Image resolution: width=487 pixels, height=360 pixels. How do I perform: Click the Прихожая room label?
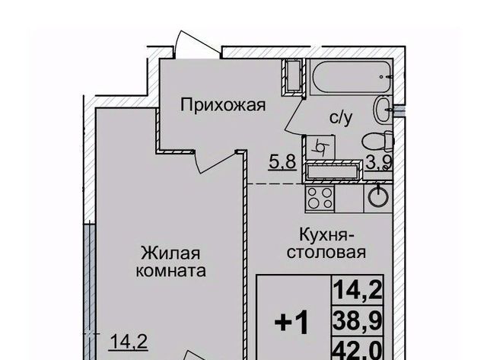(x=223, y=106)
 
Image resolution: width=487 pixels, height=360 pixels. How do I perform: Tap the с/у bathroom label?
(x=342, y=117)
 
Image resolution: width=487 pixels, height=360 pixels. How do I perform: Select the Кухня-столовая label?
(x=326, y=244)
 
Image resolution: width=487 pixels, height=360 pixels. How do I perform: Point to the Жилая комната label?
(x=170, y=262)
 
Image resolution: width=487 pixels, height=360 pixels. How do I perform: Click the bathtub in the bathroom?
(x=352, y=76)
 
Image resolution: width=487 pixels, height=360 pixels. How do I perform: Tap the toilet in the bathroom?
(x=377, y=141)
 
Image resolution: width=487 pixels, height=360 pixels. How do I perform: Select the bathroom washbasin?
(x=383, y=110)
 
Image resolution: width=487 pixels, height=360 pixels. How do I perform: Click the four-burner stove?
(x=320, y=198)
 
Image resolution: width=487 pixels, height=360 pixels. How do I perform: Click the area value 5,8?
(x=282, y=162)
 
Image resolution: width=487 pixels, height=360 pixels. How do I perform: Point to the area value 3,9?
(x=380, y=162)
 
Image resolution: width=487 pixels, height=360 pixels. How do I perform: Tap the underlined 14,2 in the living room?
(x=129, y=342)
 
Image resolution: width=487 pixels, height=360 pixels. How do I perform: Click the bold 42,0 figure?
(x=358, y=350)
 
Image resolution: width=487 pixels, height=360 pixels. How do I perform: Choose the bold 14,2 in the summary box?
(x=358, y=289)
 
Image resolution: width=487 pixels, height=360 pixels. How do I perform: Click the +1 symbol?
(x=292, y=323)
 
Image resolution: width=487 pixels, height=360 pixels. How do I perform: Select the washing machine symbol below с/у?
(x=320, y=147)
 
